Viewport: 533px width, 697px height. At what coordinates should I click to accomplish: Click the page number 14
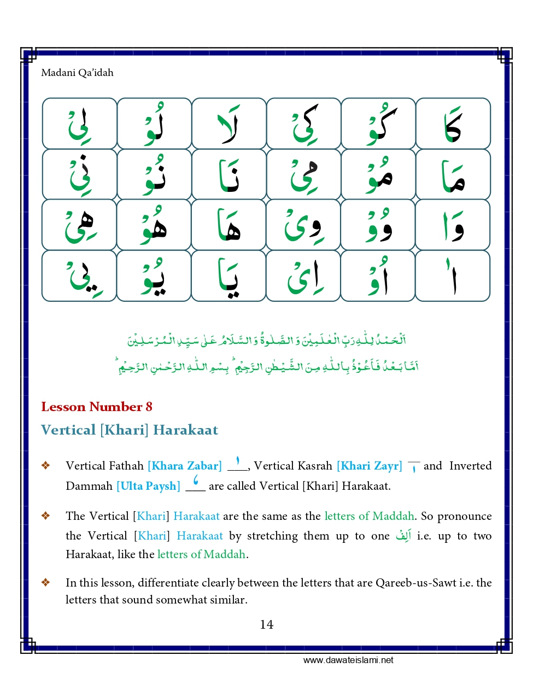tap(266, 624)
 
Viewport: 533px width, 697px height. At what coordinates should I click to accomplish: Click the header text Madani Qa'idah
tap(77, 73)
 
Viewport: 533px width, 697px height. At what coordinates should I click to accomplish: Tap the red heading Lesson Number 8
tap(97, 407)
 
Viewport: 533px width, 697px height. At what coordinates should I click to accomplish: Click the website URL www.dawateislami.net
tap(348, 660)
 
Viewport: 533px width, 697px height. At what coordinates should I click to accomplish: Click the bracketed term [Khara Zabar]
tap(185, 466)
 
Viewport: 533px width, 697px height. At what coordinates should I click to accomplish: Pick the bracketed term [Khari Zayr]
tap(369, 466)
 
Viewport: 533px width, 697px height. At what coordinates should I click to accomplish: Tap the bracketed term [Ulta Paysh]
tap(148, 486)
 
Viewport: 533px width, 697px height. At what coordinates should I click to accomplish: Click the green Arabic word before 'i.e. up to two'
tap(403, 536)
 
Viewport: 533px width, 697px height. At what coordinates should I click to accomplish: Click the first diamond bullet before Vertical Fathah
tap(46, 466)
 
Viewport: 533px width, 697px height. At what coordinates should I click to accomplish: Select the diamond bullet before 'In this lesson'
tap(46, 583)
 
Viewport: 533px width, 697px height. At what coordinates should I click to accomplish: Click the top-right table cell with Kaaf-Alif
tap(453, 124)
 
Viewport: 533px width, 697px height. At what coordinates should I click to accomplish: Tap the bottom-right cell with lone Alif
tap(453, 276)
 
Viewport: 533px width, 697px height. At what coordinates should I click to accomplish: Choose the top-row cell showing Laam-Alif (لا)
tap(229, 124)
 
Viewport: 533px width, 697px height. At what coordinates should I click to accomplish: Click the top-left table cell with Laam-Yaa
tap(79, 124)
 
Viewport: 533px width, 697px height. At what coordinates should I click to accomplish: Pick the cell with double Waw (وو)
tap(378, 225)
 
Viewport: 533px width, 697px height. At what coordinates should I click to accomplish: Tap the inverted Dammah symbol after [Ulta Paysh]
tap(196, 482)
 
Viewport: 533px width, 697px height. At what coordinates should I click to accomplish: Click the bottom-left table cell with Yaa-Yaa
tap(79, 276)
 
